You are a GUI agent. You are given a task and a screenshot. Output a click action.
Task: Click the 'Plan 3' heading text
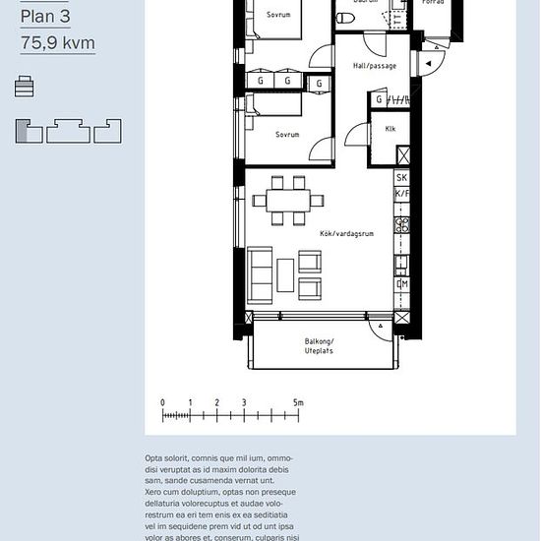pyautogui.click(x=46, y=17)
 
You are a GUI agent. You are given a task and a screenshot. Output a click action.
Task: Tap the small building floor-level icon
pyautogui.click(x=25, y=88)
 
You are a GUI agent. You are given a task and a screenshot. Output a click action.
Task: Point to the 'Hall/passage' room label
pyautogui.click(x=374, y=66)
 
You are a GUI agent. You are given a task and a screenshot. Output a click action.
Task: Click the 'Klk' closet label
pyautogui.click(x=391, y=128)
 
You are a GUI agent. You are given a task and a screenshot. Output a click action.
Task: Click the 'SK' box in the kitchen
pyautogui.click(x=401, y=178)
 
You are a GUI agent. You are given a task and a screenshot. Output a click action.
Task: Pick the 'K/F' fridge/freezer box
pyautogui.click(x=401, y=195)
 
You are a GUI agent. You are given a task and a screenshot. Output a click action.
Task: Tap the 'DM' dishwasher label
pyautogui.click(x=401, y=284)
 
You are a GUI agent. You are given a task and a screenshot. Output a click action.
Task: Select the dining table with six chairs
pyautogui.click(x=287, y=200)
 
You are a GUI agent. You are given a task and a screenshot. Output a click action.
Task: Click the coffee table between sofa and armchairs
pyautogui.click(x=285, y=273)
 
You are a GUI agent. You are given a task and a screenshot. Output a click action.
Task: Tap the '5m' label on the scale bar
pyautogui.click(x=298, y=402)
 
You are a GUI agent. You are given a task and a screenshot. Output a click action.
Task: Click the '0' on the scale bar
pyautogui.click(x=162, y=402)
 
